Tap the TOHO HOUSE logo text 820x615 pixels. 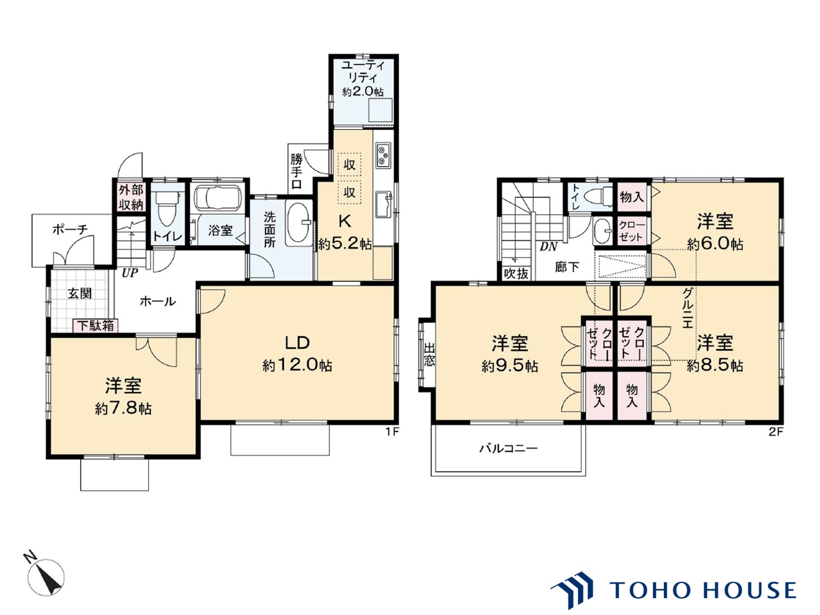click(703, 590)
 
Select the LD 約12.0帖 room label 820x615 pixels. click(297, 354)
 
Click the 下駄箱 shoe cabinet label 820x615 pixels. click(95, 325)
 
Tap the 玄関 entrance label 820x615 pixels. click(80, 293)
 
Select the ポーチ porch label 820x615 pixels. click(70, 229)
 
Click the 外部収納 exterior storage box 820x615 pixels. click(131, 197)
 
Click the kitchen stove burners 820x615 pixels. click(383, 155)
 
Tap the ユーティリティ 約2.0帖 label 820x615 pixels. click(363, 79)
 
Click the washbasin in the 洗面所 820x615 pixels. click(298, 222)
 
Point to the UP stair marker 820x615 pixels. click(130, 273)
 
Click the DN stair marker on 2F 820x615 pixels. click(548, 246)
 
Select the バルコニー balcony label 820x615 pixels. click(508, 449)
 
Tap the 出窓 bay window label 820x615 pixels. click(429, 354)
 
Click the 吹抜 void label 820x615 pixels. click(516, 273)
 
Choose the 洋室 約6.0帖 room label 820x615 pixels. click(715, 232)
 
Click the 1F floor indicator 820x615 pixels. click(392, 432)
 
